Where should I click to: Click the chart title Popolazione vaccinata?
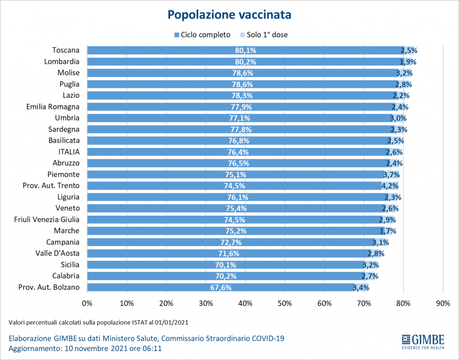coord(229,14)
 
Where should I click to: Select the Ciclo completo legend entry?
coord(202,35)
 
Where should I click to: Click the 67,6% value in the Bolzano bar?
coord(221,287)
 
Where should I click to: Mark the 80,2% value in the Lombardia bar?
coord(245,62)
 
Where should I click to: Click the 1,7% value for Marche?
coord(388,231)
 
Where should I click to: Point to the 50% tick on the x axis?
coord(285,304)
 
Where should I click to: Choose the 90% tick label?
coord(443,304)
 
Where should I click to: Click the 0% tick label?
coord(87,304)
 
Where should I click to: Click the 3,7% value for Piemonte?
coord(391,174)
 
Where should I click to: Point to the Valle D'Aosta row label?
coord(57,253)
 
